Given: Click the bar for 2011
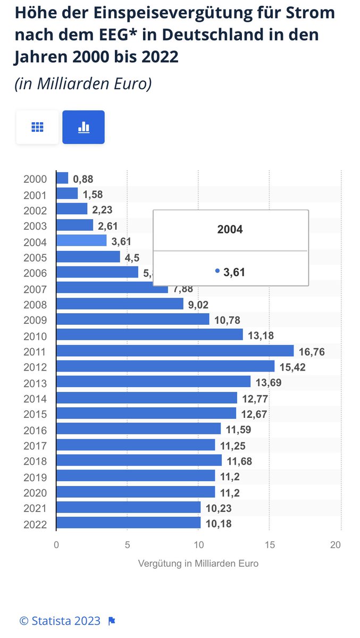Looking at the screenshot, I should click(174, 351).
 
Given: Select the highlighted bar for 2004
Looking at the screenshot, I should click(81, 241).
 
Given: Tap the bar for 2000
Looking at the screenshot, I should click(62, 178).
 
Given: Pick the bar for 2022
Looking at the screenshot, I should click(128, 523).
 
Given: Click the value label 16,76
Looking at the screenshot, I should click(312, 352).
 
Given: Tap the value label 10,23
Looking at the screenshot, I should click(218, 509).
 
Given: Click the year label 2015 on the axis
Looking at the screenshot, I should click(35, 415).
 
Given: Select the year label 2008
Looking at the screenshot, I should click(35, 305).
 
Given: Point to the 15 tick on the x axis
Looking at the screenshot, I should click(269, 544).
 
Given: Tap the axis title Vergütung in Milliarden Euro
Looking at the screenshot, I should click(198, 564).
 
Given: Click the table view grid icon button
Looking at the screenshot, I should click(37, 127).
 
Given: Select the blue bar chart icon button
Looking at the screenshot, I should click(83, 127).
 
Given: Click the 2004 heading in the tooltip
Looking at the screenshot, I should click(230, 230).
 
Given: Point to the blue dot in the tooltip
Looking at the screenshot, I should click(217, 271).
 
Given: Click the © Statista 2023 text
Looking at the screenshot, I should click(60, 620).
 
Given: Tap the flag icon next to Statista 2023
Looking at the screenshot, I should click(112, 620).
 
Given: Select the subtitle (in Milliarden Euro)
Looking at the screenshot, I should click(83, 83).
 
